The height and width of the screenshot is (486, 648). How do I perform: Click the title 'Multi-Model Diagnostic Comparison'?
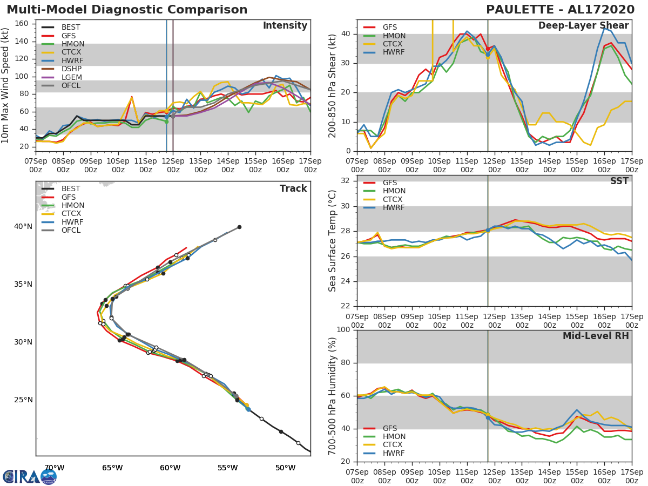click(x=127, y=10)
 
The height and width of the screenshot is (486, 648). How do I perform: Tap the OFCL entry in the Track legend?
click(x=71, y=231)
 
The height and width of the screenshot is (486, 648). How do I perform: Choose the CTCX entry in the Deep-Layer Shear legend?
click(x=394, y=44)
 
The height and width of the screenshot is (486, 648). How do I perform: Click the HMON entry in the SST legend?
click(x=394, y=191)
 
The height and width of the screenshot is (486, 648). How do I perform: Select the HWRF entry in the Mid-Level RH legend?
click(x=394, y=453)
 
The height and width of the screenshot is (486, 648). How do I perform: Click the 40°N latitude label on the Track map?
click(x=23, y=226)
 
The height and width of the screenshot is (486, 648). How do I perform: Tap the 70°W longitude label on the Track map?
click(x=54, y=468)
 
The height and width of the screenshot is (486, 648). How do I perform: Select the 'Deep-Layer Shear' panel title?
click(x=583, y=26)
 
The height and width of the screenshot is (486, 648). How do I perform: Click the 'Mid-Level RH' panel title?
click(x=596, y=336)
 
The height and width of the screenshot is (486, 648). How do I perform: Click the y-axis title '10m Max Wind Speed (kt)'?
click(x=6, y=85)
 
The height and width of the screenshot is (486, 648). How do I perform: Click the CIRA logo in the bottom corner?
click(x=29, y=476)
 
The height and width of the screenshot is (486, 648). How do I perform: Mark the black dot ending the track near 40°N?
click(x=239, y=227)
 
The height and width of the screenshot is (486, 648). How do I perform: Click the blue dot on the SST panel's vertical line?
click(x=488, y=230)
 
